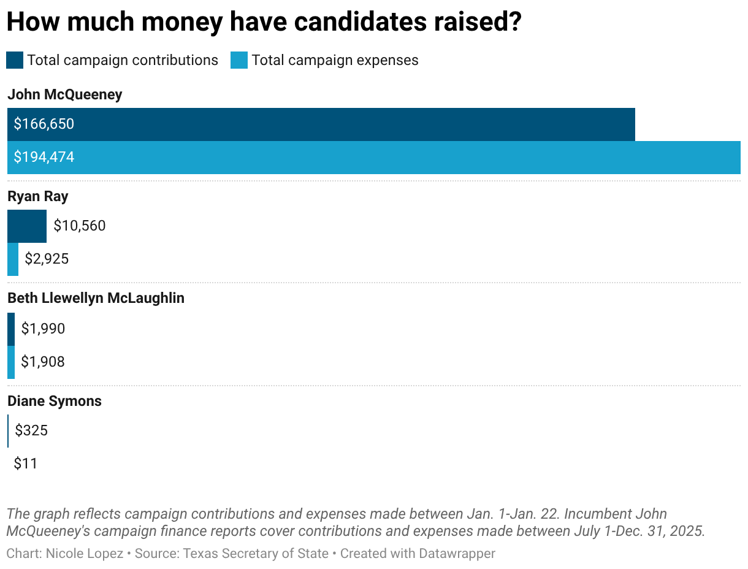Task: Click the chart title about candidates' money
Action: [264, 22]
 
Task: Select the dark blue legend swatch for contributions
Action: [15, 60]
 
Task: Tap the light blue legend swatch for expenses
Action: [239, 60]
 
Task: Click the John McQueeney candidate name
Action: [65, 94]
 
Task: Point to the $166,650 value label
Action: [44, 124]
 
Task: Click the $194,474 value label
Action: [44, 158]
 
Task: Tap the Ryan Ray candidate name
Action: [38, 196]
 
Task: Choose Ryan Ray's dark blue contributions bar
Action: [27, 226]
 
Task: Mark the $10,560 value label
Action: [80, 226]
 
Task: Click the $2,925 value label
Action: [47, 259]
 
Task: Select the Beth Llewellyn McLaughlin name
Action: [96, 298]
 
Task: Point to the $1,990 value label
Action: [43, 329]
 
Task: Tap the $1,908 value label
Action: [43, 362]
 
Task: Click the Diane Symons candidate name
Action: [55, 401]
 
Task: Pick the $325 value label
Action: [31, 431]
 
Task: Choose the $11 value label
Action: [26, 464]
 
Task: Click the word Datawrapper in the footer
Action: [457, 554]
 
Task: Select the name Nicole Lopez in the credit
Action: [85, 554]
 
